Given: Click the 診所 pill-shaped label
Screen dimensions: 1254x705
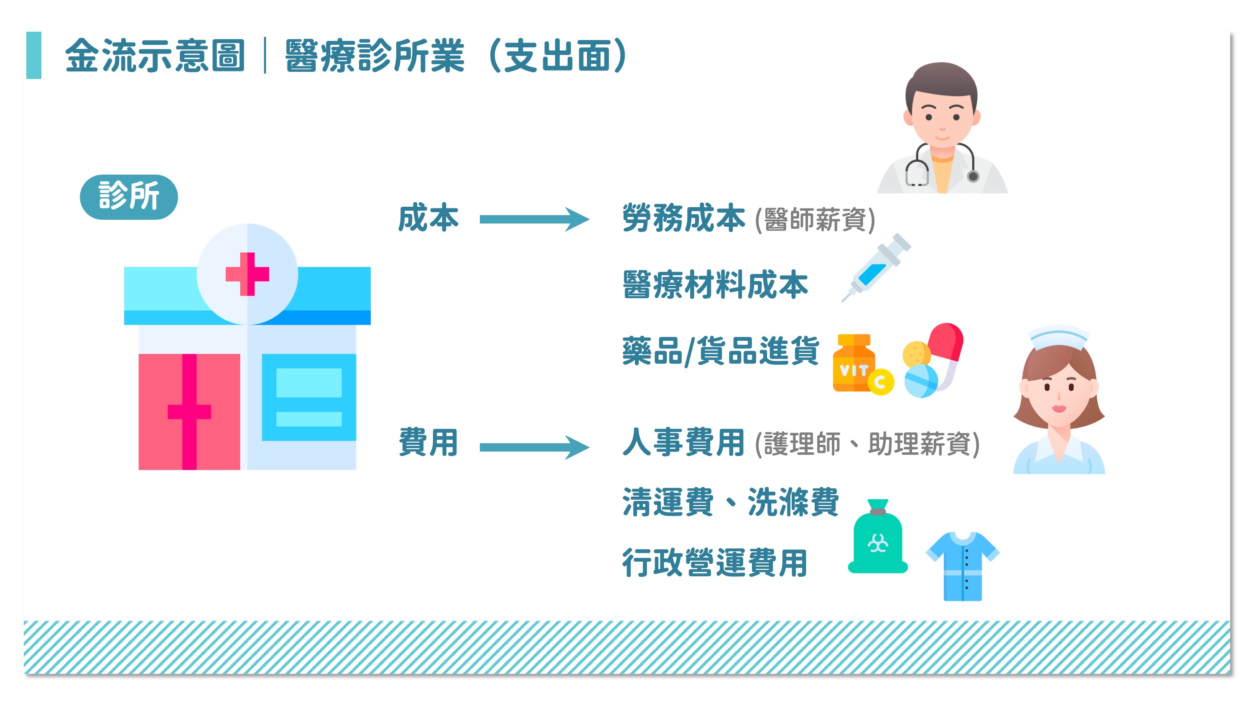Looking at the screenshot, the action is point(128,197).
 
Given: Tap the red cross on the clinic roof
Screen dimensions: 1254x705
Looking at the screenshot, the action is point(247,274).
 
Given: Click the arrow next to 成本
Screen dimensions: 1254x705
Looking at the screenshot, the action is point(535,219).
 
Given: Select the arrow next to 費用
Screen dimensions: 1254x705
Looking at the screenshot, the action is point(535,447).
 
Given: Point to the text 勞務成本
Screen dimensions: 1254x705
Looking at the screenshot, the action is point(683,218).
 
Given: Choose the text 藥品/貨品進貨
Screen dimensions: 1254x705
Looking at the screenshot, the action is point(721,351).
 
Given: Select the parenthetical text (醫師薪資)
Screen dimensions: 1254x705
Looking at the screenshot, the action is point(815,219).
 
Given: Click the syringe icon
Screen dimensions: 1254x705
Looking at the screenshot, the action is point(876,268).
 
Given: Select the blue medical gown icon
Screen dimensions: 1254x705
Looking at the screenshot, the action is point(962,566).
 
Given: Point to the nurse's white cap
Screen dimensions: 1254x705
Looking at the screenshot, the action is point(1058,337).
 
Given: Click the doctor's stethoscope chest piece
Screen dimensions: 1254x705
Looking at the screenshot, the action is point(973,176).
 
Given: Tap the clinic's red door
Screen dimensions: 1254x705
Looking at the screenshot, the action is point(189,412).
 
